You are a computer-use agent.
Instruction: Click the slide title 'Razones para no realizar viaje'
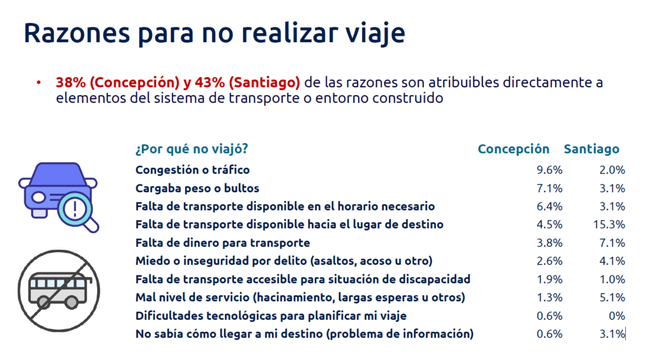point(215,33)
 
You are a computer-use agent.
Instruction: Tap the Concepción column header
point(513,149)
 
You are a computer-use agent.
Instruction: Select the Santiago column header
point(591,149)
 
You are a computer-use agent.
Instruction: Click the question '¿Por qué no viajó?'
point(192,149)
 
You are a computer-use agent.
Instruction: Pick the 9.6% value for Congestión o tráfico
point(549,170)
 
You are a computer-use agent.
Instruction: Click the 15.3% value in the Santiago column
point(609,225)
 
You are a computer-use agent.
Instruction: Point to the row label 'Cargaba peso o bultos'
point(197,188)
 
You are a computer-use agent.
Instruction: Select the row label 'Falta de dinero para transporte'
point(223,243)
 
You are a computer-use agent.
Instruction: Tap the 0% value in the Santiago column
point(617,316)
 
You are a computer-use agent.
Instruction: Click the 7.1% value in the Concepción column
point(549,188)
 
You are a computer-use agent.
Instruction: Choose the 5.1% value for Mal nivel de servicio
point(612,297)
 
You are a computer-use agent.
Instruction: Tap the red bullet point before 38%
point(39,82)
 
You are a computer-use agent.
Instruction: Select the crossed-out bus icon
point(59,291)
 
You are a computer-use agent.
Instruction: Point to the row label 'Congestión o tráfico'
point(192,170)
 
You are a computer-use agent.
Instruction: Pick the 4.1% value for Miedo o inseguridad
point(612,261)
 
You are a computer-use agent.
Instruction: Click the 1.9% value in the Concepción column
point(549,279)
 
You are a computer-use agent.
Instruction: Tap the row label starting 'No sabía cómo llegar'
point(305,334)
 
